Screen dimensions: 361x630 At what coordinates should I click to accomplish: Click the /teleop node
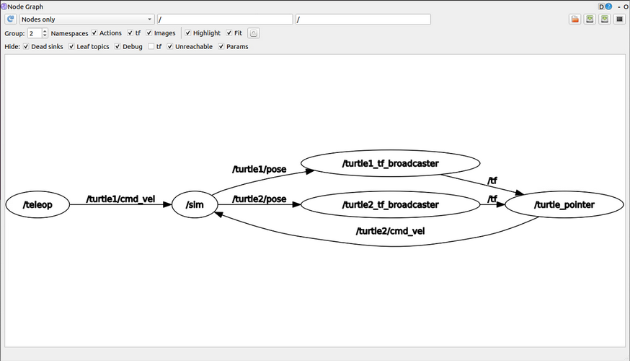[x=39, y=204]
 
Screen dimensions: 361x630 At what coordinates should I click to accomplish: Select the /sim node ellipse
[x=195, y=204]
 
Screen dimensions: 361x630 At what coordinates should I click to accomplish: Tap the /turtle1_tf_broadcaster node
[x=390, y=164]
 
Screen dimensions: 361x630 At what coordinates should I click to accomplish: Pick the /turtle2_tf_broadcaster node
[x=390, y=204]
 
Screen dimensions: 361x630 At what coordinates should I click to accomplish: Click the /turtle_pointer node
[x=564, y=204]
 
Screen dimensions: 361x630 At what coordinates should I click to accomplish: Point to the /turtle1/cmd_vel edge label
[x=120, y=199]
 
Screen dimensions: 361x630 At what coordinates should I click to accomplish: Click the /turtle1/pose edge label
[x=259, y=170]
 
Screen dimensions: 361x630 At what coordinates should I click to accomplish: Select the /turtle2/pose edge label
[x=259, y=199]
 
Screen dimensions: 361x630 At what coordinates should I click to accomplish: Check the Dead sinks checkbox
[x=27, y=47]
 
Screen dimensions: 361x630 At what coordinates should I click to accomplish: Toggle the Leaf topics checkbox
[x=71, y=47]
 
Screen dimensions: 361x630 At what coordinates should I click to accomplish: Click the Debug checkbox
[x=117, y=47]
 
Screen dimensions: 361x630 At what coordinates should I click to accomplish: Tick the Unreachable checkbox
[x=171, y=47]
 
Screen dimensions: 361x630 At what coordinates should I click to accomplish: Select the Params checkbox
[x=221, y=47]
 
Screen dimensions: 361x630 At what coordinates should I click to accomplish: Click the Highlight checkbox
[x=188, y=33]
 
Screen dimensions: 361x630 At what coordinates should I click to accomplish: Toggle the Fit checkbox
[x=229, y=33]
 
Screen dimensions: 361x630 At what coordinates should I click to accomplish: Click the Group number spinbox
[x=35, y=33]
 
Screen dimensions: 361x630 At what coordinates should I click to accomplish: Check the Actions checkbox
[x=94, y=33]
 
